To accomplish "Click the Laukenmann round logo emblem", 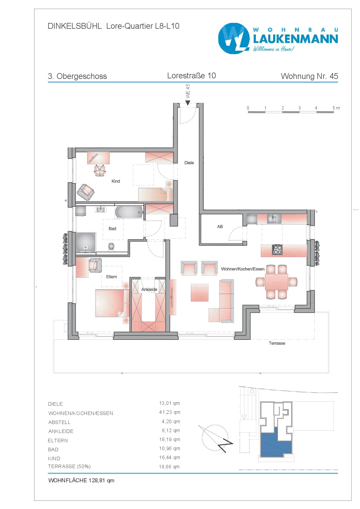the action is point(234,38).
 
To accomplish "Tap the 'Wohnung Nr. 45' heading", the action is point(309,76).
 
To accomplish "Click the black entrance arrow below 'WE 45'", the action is point(188,103).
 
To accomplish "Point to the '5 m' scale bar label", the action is point(336,108).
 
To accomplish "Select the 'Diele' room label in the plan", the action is point(189,163).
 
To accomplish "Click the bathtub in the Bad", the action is point(129,212).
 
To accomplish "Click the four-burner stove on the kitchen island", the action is point(277,250).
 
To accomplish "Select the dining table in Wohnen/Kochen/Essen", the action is point(276,282).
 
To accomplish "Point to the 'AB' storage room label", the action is point(220,227).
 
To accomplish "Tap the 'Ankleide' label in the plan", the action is point(149,289).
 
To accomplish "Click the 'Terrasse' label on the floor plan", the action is point(277,343).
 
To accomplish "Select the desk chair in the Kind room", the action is point(100,170).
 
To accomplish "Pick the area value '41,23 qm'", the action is point(170,412).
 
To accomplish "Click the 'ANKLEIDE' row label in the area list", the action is point(61,431).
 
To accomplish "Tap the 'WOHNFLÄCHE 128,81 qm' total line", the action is point(81,480).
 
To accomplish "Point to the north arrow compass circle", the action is point(215,438).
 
